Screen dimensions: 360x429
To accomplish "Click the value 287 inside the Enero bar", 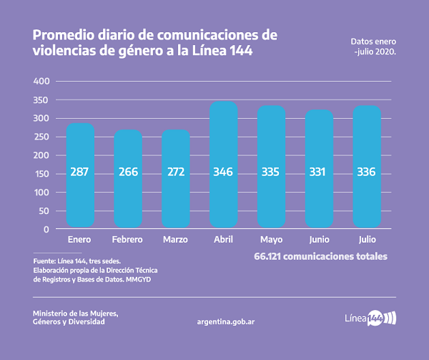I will pyautogui.click(x=79, y=173).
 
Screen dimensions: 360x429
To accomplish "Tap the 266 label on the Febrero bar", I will pyautogui.click(x=127, y=173).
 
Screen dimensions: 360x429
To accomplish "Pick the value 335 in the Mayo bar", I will pyautogui.click(x=271, y=173).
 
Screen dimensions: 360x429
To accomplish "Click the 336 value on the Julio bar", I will pyautogui.click(x=367, y=173).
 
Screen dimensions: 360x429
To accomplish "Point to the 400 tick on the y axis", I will pyautogui.click(x=41, y=82).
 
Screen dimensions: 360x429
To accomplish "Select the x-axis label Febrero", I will pyautogui.click(x=127, y=239).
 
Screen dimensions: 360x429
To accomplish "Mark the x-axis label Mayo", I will pyautogui.click(x=271, y=239).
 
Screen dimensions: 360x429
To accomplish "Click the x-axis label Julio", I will pyautogui.click(x=367, y=239).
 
